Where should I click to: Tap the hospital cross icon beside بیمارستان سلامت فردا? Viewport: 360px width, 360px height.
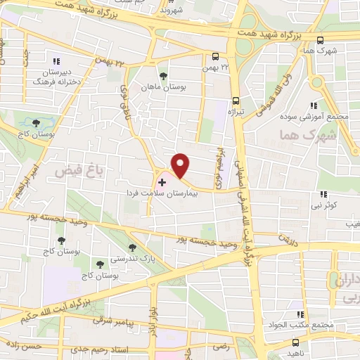coord(162,182)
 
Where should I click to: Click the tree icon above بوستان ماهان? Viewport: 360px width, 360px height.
coord(163,75)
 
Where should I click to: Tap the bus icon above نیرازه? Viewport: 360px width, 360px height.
coord(236,100)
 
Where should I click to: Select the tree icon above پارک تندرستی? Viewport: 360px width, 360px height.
coord(133,247)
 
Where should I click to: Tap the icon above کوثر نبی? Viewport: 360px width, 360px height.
coord(323,194)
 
